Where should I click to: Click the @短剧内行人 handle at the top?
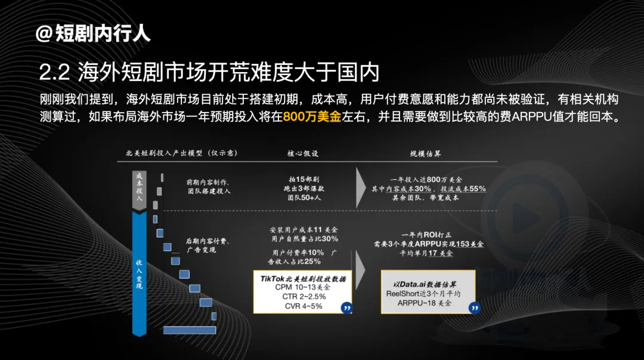click(93, 33)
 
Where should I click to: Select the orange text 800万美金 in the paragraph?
click(312, 116)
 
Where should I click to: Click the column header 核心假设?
click(303, 154)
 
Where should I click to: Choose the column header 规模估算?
click(425, 154)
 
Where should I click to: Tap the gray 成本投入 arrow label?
click(140, 187)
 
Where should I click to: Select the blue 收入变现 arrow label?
click(140, 274)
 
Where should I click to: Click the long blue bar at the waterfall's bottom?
click(189, 330)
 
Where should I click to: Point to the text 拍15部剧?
click(303, 179)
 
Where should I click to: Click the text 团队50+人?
click(304, 197)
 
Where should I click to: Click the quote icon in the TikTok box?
click(346, 307)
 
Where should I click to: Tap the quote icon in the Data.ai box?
click(474, 307)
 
